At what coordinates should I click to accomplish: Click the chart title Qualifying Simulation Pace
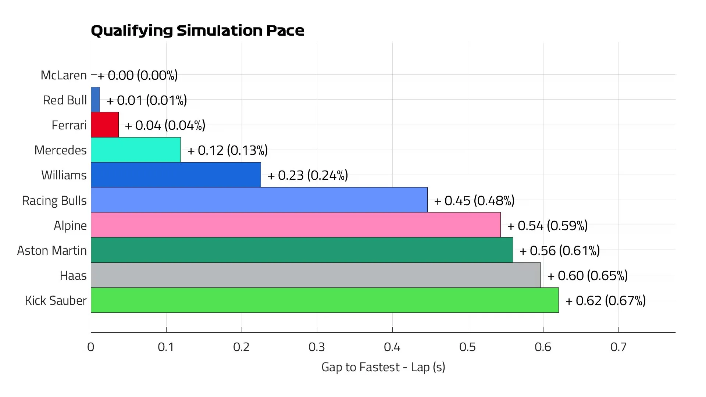[197, 31]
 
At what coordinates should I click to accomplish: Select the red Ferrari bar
[105, 125]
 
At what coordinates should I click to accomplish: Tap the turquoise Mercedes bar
[136, 150]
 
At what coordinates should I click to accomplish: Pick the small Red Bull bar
[95, 100]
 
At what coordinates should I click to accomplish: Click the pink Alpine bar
[296, 225]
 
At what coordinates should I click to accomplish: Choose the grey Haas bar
[315, 275]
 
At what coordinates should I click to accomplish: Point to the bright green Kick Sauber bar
[325, 300]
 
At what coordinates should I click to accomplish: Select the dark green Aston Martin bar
[302, 250]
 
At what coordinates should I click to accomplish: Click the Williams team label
[64, 175]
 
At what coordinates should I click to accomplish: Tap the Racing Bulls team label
[54, 200]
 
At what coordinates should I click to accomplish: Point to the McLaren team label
[64, 75]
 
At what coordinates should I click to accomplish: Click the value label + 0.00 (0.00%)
[138, 75]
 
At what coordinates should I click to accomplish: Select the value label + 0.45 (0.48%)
[474, 200]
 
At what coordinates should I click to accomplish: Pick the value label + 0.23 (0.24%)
[308, 175]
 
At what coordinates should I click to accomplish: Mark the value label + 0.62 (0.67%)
[606, 301]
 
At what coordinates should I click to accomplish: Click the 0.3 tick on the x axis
[317, 347]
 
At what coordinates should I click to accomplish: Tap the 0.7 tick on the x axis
[618, 347]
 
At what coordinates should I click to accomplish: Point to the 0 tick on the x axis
[91, 347]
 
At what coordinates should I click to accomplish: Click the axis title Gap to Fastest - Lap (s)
[383, 367]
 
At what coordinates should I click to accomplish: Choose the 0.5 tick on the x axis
[467, 347]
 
